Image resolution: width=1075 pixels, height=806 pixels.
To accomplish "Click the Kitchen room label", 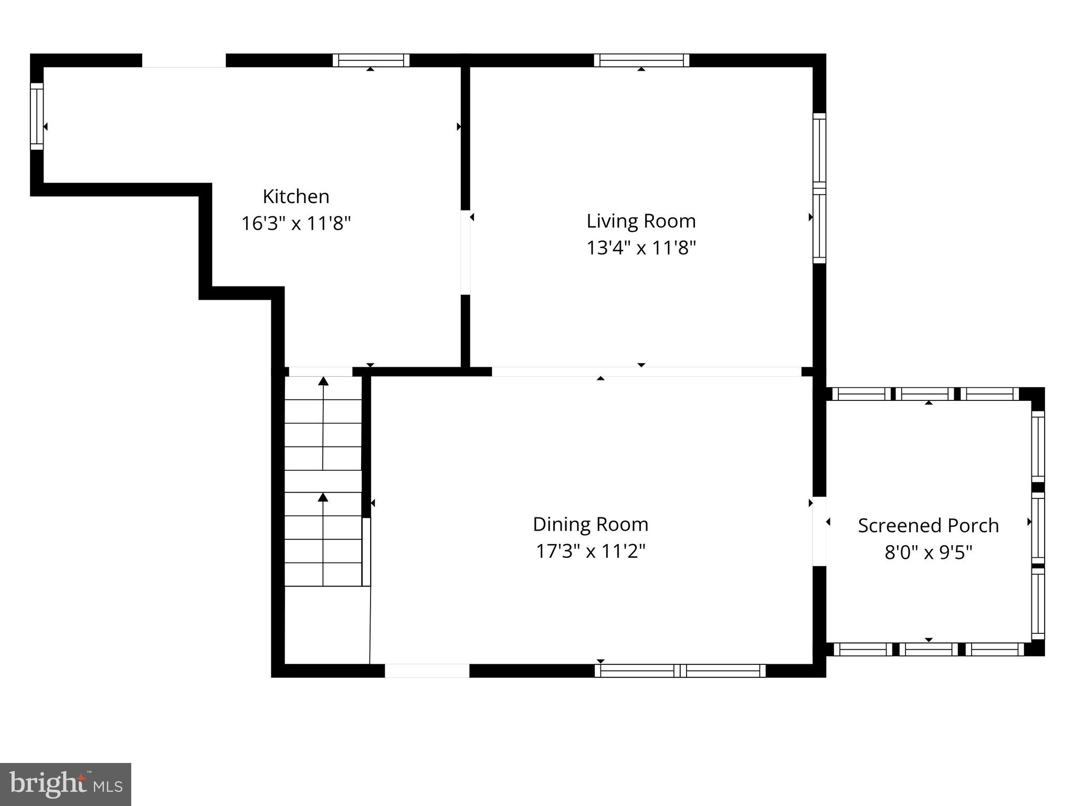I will pyautogui.click(x=296, y=197).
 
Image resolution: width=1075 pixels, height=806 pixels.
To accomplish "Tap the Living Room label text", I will pyautogui.click(x=641, y=221).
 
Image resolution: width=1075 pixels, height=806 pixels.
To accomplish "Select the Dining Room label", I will pyautogui.click(x=591, y=524).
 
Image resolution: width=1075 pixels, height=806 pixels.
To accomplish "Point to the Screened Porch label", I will pyautogui.click(x=928, y=525).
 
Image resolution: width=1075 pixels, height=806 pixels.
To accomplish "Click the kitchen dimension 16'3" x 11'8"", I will pyautogui.click(x=296, y=224).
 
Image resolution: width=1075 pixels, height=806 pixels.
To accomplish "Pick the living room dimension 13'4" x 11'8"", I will pyautogui.click(x=641, y=248).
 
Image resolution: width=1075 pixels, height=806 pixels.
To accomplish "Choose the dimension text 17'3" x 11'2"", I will pyautogui.click(x=591, y=552).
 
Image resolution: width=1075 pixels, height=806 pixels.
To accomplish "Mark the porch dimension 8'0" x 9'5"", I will pyautogui.click(x=928, y=553).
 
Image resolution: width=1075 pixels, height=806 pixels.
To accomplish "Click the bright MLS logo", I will pyautogui.click(x=66, y=784).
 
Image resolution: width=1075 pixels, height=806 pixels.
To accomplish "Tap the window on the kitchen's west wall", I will pyautogui.click(x=37, y=116).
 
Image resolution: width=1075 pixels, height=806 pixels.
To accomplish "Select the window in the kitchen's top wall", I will pyautogui.click(x=371, y=60).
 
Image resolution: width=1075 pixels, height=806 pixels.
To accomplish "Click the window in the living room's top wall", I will pyautogui.click(x=641, y=60).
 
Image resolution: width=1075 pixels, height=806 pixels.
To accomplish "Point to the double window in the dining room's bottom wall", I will pyautogui.click(x=680, y=671).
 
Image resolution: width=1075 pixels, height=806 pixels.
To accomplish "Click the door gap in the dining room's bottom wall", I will pyautogui.click(x=427, y=671).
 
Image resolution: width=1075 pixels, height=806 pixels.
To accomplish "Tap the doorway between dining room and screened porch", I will pyautogui.click(x=819, y=531).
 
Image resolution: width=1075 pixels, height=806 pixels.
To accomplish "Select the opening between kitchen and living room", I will pyautogui.click(x=465, y=252).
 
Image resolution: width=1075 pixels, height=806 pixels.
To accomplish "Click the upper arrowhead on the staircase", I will pyautogui.click(x=323, y=381).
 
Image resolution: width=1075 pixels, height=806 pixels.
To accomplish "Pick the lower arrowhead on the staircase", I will pyautogui.click(x=323, y=497).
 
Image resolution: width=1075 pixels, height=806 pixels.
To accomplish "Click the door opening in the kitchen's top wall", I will pyautogui.click(x=184, y=60).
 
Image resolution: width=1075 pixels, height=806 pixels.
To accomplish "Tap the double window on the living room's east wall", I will pyautogui.click(x=819, y=188).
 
